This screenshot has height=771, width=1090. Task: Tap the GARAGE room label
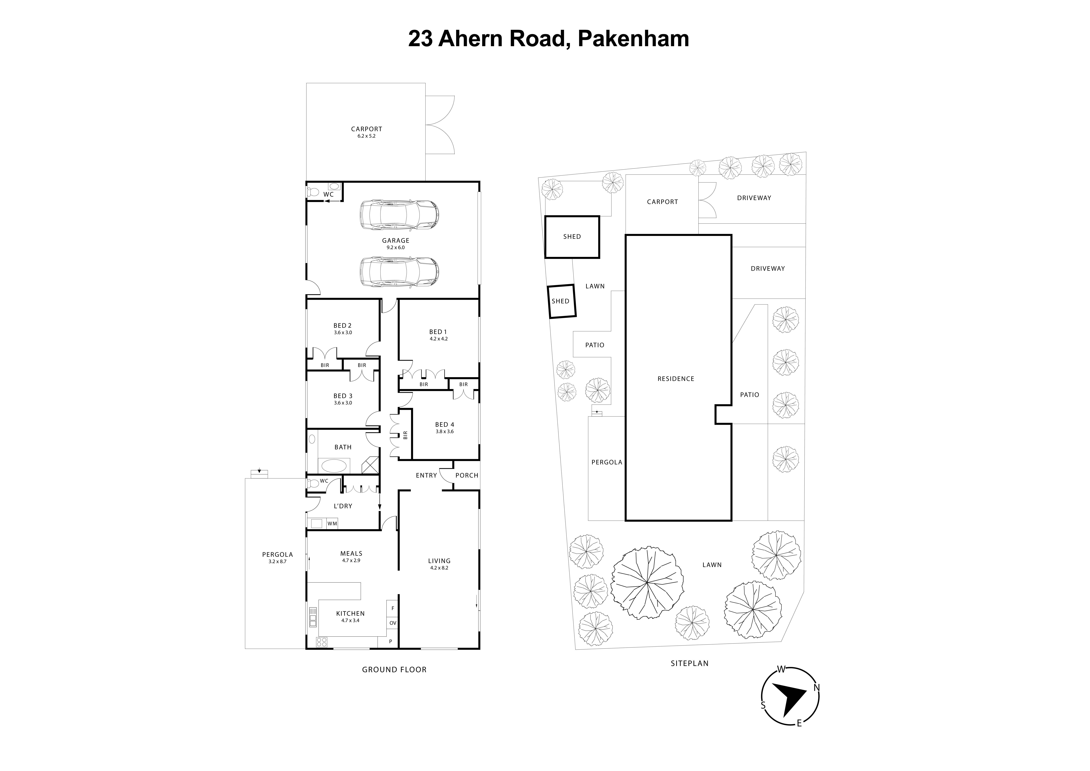pyautogui.click(x=395, y=240)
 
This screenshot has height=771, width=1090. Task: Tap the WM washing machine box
pyautogui.click(x=332, y=524)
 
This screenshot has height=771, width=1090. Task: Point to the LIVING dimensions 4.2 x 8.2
pyautogui.click(x=439, y=568)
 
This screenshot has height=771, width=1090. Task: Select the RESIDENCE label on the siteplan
pyautogui.click(x=676, y=379)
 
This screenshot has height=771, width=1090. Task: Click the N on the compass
pyautogui.click(x=817, y=687)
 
